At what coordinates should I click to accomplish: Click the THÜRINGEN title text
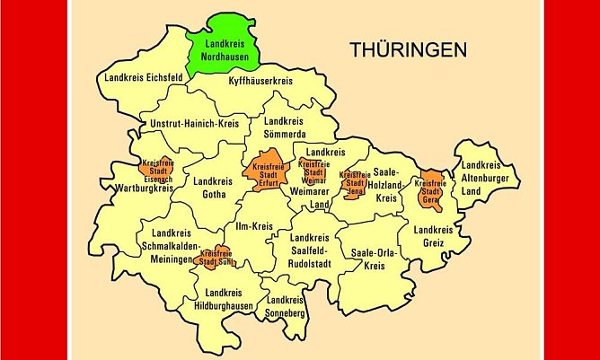click(409, 49)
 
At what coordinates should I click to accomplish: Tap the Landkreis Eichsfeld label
click(144, 78)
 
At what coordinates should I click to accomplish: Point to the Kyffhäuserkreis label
click(261, 81)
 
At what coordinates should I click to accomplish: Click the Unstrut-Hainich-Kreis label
click(195, 123)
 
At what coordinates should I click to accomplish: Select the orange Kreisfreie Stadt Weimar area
click(313, 171)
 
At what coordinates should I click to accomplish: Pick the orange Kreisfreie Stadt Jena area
click(354, 182)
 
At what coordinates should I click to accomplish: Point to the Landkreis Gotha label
click(212, 188)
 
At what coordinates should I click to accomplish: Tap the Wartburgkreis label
click(144, 189)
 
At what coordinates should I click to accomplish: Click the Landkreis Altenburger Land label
click(481, 178)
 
